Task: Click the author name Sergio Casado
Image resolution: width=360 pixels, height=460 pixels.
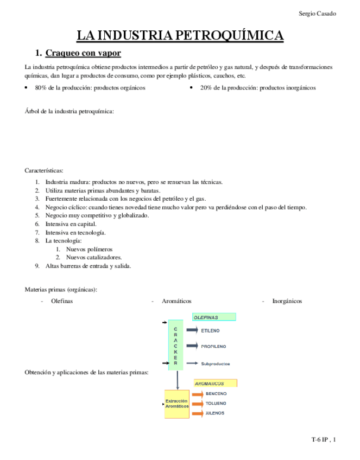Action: pyautogui.click(x=317, y=14)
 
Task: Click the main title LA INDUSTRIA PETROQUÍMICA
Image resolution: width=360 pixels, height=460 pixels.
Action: pyautogui.click(x=180, y=36)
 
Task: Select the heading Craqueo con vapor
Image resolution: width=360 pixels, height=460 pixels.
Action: pyautogui.click(x=83, y=53)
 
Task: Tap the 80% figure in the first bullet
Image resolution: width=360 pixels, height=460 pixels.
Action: pyautogui.click(x=41, y=87)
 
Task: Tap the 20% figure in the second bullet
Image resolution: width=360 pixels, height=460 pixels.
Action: pyautogui.click(x=206, y=87)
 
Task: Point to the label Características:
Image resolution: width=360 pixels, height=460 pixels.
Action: pyautogui.click(x=44, y=170)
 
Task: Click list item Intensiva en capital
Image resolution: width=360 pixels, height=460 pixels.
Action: pyautogui.click(x=71, y=223)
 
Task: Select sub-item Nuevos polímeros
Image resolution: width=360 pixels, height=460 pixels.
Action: pyautogui.click(x=89, y=249)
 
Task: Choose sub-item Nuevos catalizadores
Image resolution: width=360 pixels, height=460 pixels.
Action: pyautogui.click(x=93, y=257)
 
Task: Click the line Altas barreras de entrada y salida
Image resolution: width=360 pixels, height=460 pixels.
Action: pyautogui.click(x=88, y=266)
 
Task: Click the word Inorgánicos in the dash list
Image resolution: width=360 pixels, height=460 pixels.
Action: pyautogui.click(x=287, y=301)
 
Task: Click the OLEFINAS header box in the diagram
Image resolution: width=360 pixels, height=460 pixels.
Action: pyautogui.click(x=213, y=317)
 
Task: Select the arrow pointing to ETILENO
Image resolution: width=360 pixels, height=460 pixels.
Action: pyautogui.click(x=192, y=330)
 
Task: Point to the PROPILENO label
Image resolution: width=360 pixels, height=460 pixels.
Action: pyautogui.click(x=213, y=346)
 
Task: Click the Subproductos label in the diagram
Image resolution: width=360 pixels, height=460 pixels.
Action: pyautogui.click(x=216, y=363)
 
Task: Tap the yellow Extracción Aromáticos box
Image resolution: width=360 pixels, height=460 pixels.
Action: pyautogui.click(x=177, y=404)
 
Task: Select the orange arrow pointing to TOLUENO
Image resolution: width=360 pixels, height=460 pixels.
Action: pyautogui.click(x=197, y=404)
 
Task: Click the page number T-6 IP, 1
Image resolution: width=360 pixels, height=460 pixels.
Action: pyautogui.click(x=323, y=440)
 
